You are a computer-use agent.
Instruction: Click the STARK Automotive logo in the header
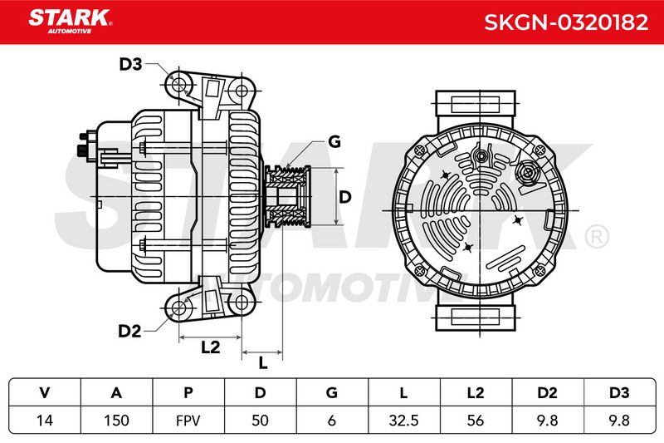point(71,22)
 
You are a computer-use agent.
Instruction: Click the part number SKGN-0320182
point(566,22)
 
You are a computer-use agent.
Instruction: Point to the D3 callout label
point(130,64)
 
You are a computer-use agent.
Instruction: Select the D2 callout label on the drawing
point(129,331)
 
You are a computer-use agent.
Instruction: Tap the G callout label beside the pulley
point(334,141)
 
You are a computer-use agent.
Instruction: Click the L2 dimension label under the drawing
point(211,347)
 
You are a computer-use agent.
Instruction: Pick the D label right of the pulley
point(345,197)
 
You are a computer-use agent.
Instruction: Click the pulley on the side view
point(287,197)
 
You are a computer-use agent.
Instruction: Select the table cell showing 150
point(116,420)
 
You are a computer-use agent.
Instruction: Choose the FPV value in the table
point(188,421)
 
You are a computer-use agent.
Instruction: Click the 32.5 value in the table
point(403,420)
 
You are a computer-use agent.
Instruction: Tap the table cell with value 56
point(476,420)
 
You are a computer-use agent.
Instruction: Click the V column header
point(45,392)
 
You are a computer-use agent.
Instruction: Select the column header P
point(188,392)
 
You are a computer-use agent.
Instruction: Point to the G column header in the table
point(332,392)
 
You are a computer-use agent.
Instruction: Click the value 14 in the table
point(45,420)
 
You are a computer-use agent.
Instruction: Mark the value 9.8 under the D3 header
point(619,420)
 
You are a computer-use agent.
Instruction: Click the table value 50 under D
point(260,420)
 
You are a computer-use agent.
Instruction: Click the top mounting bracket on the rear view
point(476,103)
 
